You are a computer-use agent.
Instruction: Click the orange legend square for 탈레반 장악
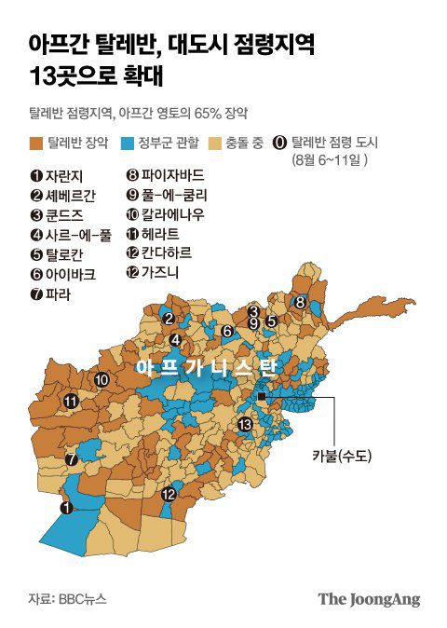[36, 143]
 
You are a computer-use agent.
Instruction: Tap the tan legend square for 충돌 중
[215, 143]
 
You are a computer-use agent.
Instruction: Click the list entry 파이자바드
[170, 174]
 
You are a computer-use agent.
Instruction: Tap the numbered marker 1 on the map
[65, 508]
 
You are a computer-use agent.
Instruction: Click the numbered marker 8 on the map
[300, 302]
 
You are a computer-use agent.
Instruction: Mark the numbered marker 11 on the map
[71, 401]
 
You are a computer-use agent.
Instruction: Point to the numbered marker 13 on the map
[245, 425]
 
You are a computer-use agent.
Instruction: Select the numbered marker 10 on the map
[102, 379]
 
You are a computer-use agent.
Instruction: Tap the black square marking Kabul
[263, 398]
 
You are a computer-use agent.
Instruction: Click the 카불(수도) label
[342, 456]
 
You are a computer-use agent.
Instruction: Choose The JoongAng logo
[369, 599]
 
